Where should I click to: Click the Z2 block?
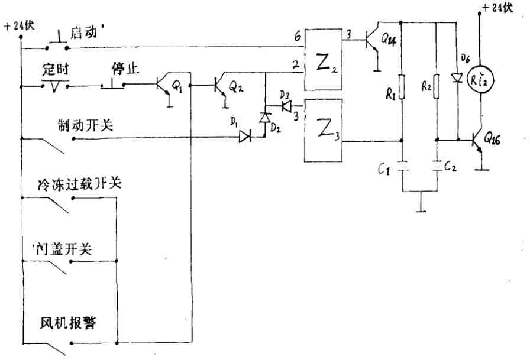(324, 59)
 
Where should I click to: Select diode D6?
(457, 77)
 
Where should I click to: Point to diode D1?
(245, 137)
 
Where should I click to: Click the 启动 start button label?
(84, 33)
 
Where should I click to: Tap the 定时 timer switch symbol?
(56, 86)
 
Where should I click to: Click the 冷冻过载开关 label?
(79, 184)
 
